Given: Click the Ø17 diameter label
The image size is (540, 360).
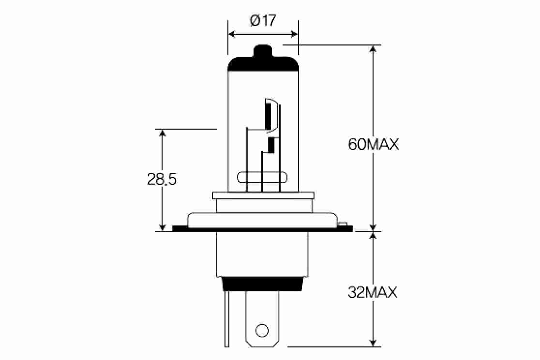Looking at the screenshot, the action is point(263,21).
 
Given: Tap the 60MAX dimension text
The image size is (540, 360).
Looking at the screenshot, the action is point(374,144).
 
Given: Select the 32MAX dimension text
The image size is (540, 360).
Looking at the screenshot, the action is point(373,293).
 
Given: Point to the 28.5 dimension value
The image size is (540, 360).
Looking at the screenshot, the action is point(162,179).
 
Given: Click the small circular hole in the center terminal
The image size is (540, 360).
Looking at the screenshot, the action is point(262,330).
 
